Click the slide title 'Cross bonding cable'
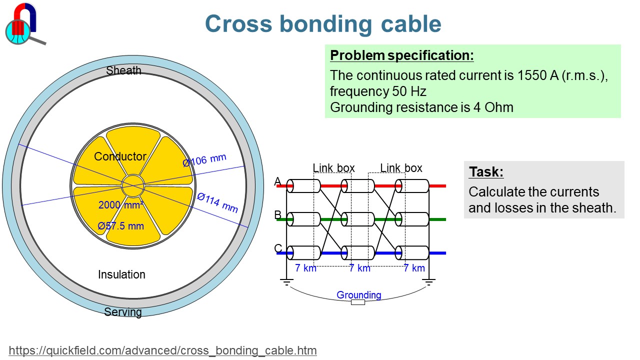point(323,24)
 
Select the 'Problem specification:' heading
point(402,55)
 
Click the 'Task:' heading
point(486,172)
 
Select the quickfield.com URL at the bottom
point(163,350)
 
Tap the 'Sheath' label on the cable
point(123,70)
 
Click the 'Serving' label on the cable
point(123,312)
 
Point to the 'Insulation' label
point(121,274)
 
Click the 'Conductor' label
point(120,156)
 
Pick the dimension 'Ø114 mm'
point(217,202)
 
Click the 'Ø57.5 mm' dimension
point(121,226)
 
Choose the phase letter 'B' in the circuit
point(278,215)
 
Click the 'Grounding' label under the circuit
point(358,295)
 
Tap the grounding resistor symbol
point(358,302)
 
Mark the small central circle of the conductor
point(133,186)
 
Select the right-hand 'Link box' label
point(401,168)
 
